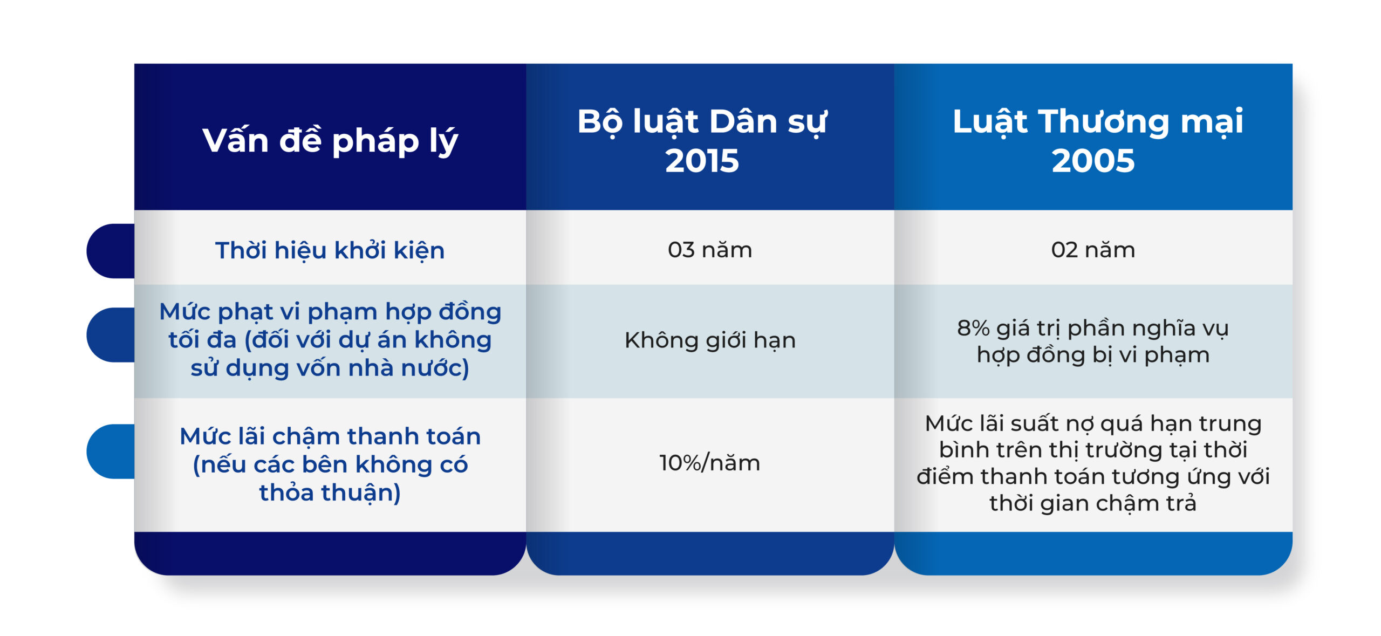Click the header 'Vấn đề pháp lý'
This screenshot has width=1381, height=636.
tap(330, 141)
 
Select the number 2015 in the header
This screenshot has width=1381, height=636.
tap(702, 161)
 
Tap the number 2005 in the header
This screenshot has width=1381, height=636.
tap(1093, 161)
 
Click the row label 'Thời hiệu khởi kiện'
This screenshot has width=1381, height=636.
tap(330, 251)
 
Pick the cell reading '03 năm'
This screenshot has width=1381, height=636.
tap(710, 250)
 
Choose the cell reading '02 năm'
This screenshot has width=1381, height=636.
tap(1093, 250)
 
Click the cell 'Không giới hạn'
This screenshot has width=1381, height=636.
tap(710, 340)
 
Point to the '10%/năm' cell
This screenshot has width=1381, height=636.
tap(710, 463)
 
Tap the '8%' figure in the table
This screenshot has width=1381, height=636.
tap(973, 328)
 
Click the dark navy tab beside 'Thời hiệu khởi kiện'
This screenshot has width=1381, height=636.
tap(111, 251)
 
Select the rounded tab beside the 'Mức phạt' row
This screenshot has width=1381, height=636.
tap(111, 335)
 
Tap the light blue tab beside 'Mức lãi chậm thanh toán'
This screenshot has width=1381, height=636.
tap(111, 452)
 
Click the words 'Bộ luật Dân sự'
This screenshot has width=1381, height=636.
tap(702, 122)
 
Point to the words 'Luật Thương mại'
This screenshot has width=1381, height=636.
tap(1098, 122)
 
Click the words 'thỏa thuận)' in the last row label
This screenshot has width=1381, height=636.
tap(330, 493)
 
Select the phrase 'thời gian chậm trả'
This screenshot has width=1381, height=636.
tap(1093, 503)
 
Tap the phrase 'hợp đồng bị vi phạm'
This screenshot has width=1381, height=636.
tap(1093, 355)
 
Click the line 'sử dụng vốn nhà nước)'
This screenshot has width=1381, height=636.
tap(330, 368)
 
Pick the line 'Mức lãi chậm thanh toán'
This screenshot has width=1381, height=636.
tap(330, 436)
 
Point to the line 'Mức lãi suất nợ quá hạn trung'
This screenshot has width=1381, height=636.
tap(1093, 423)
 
